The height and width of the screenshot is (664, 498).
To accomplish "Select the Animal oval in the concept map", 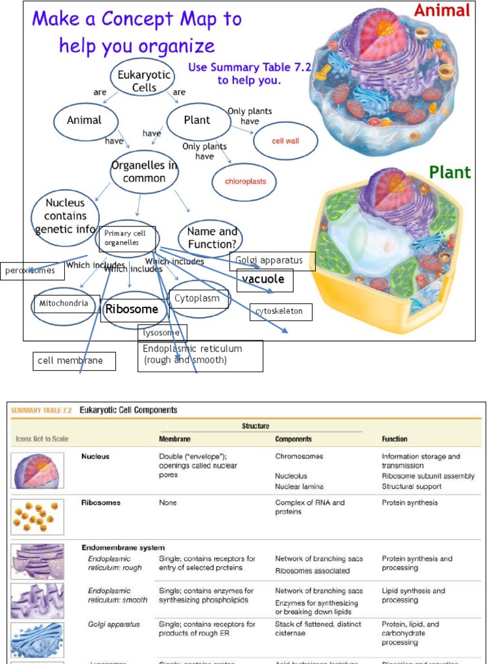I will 85,121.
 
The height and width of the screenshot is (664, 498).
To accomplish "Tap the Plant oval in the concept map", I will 198,121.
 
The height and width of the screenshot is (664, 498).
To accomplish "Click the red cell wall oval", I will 285,141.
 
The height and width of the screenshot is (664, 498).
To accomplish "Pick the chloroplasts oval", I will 245,182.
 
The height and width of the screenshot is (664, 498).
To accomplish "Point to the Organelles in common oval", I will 144,172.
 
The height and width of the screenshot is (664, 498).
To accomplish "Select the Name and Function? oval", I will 211,238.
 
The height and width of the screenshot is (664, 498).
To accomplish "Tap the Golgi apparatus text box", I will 272,261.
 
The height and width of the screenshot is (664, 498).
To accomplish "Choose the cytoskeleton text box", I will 280,312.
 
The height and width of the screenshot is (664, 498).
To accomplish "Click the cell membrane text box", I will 74,361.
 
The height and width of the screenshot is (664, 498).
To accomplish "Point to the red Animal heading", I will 442,10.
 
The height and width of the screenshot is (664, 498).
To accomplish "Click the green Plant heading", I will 450,172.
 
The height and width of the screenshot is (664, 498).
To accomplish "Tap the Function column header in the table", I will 394,439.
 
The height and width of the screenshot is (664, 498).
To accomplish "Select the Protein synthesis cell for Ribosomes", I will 410,503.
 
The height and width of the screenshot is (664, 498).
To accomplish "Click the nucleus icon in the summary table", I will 38,470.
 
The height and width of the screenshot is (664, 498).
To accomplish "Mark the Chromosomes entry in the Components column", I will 299,456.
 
